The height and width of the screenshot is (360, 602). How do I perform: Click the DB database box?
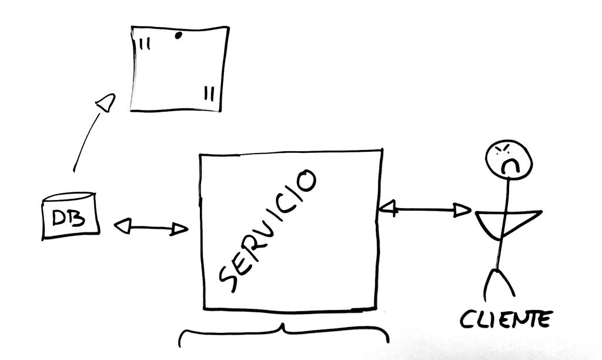[69, 218]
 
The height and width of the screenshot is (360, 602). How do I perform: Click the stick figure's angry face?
[509, 158]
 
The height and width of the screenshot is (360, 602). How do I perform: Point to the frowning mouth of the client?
[510, 166]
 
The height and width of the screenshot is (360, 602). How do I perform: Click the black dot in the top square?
[178, 35]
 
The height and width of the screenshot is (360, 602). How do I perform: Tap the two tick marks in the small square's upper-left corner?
[145, 44]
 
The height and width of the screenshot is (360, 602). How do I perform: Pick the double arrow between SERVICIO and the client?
[424, 208]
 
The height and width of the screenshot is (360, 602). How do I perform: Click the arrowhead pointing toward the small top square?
[106, 103]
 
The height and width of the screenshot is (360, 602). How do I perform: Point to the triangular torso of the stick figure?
[506, 222]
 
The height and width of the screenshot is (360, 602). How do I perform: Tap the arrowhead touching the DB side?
[122, 226]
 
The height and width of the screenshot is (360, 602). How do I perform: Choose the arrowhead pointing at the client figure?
[463, 210]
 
